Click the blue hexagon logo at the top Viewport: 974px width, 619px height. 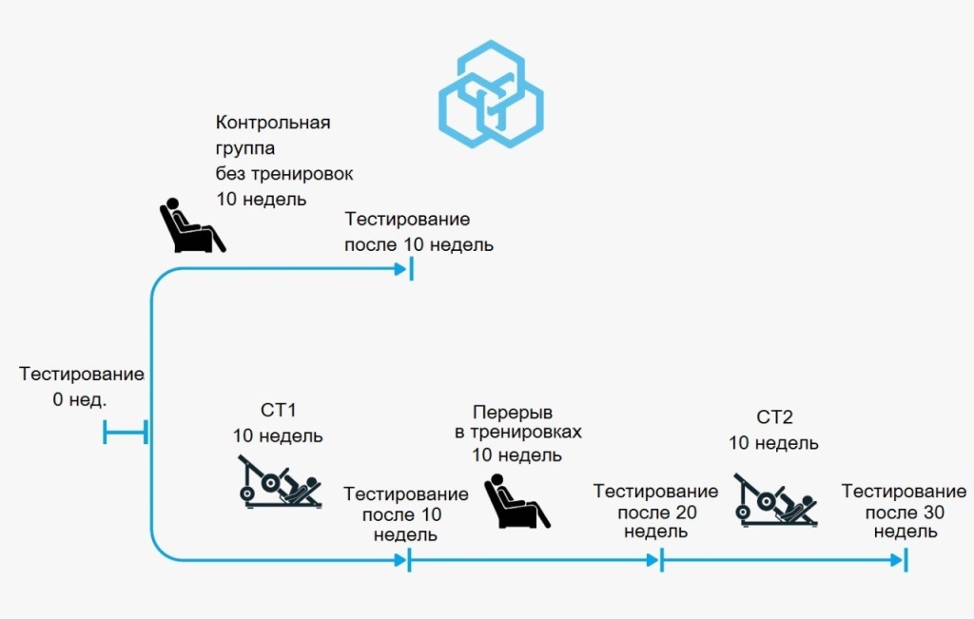point(490,94)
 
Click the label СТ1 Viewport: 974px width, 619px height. point(278,412)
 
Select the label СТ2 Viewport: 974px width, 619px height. point(774,416)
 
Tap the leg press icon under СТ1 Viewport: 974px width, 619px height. point(280,481)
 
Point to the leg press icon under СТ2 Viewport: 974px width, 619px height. point(774,498)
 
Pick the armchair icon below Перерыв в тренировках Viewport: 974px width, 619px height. point(516,502)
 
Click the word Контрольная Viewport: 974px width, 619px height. point(273,123)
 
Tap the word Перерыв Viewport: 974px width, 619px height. point(513,412)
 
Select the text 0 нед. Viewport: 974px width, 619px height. point(80,399)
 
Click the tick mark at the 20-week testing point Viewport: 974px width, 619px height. point(660,561)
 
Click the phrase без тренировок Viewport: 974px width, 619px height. point(284,174)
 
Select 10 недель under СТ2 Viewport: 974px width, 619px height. point(773,443)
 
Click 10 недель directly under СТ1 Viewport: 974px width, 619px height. point(278,436)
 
